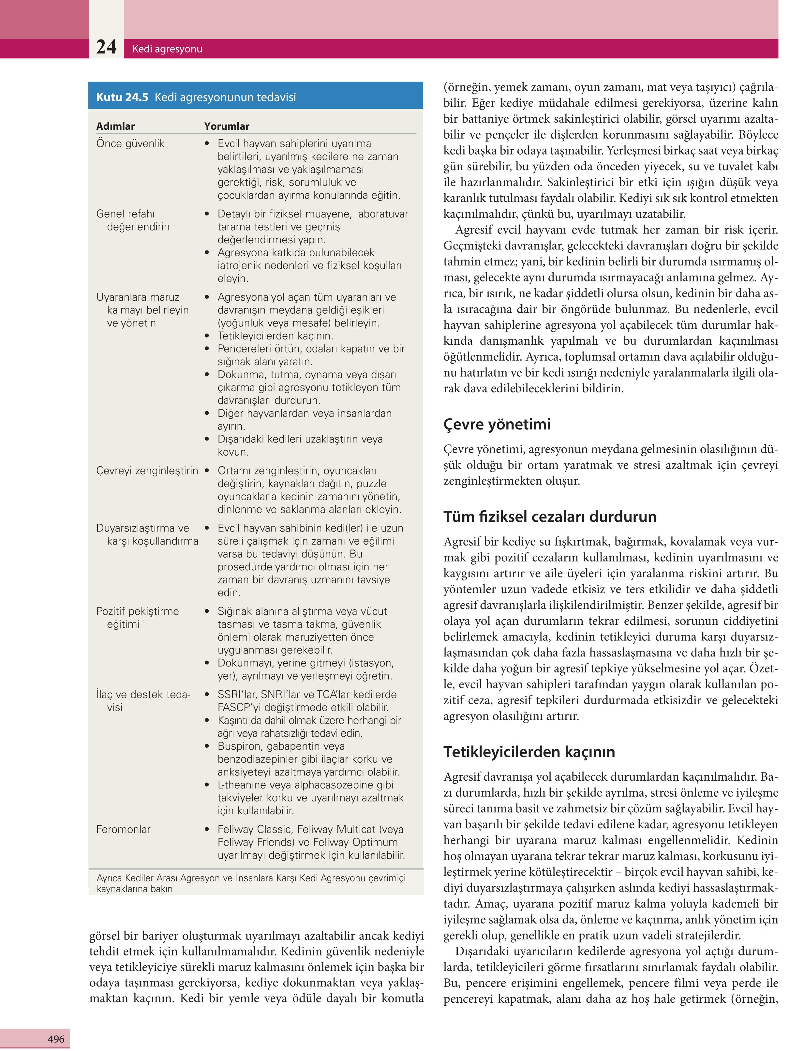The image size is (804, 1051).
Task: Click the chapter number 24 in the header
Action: (x=106, y=47)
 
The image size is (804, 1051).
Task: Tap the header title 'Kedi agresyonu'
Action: (x=167, y=49)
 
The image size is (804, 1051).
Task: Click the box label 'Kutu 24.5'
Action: (x=122, y=97)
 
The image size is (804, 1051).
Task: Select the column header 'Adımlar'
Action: (x=115, y=126)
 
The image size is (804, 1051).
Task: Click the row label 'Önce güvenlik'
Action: (x=130, y=143)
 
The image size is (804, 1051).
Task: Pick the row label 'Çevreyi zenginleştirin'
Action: (x=147, y=471)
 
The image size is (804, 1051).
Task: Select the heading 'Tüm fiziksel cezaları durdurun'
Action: (x=549, y=517)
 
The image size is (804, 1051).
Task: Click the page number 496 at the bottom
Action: (x=56, y=1039)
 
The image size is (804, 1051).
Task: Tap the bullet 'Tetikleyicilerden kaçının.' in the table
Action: (x=275, y=336)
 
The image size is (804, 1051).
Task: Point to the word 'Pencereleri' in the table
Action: (x=244, y=349)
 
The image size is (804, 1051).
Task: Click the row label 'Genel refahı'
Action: (x=126, y=214)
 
